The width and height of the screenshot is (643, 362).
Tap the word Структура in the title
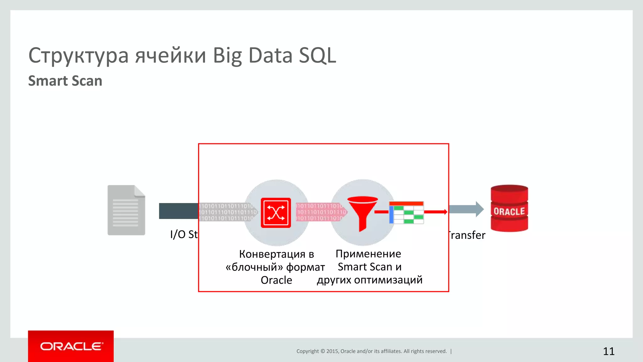(78, 56)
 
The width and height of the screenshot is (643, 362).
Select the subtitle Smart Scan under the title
(65, 81)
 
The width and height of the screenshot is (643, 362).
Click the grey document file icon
(126, 210)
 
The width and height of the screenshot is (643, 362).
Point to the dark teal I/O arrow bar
(178, 211)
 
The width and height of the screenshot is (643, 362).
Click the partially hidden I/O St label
(184, 234)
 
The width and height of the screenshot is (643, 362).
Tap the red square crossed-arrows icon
(276, 213)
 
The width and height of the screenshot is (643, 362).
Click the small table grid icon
(407, 213)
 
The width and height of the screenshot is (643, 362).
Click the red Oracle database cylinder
(509, 208)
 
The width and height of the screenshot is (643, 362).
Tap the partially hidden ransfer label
(467, 235)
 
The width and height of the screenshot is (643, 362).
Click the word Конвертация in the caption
(272, 254)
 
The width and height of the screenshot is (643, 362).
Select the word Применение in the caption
(368, 254)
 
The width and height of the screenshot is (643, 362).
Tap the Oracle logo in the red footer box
(71, 346)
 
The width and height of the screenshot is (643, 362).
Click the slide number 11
(608, 351)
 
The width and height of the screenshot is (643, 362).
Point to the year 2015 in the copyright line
(332, 351)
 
